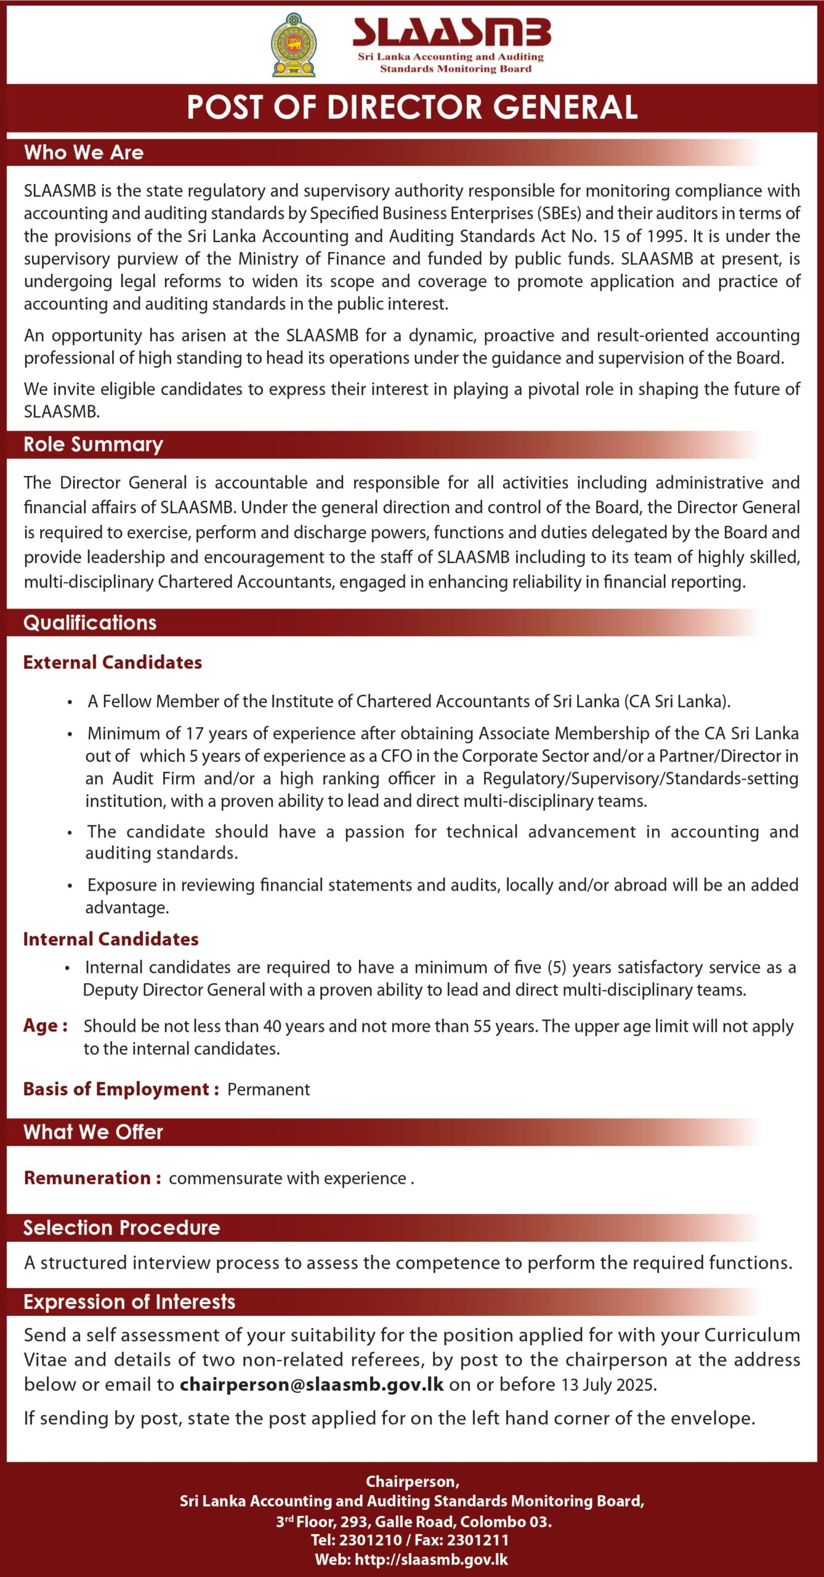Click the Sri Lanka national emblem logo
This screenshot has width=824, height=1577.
point(294,45)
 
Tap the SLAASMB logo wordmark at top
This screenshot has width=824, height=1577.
point(451,33)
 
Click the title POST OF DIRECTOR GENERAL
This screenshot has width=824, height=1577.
point(412,107)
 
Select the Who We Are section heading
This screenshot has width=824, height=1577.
point(84,153)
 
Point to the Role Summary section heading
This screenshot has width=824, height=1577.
point(93,444)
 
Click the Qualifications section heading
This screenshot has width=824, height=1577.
point(90,623)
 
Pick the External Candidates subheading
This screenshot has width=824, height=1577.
point(113,662)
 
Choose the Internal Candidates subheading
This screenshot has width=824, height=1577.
point(111,939)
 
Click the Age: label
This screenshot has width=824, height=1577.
point(46,1026)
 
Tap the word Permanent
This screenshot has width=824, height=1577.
point(269,1089)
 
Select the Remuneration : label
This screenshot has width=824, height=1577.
point(92,1178)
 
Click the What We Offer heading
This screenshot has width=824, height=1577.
point(93,1132)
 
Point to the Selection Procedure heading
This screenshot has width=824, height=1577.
point(121,1228)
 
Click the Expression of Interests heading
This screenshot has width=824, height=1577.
point(129,1302)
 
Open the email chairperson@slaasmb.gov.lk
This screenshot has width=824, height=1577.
point(312,1385)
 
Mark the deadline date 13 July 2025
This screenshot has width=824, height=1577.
point(608,1385)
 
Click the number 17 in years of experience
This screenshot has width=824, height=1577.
point(195,733)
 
